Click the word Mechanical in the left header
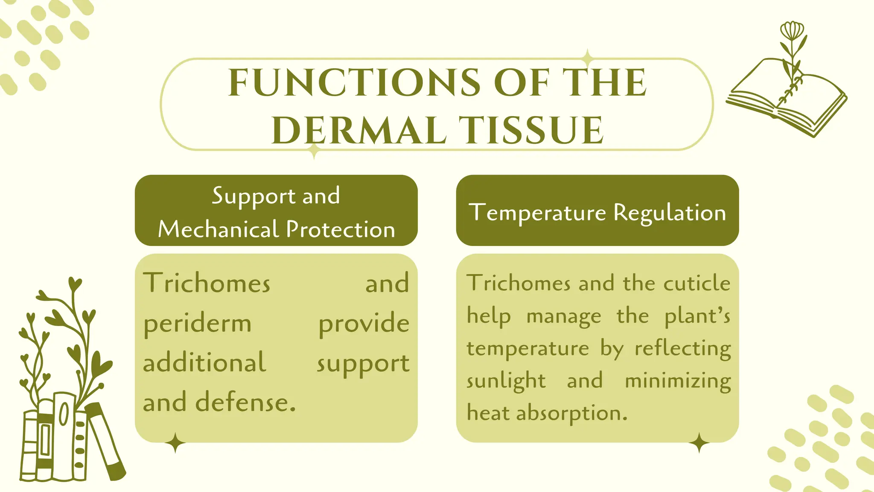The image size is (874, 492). (x=218, y=229)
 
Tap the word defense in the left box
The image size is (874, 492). (x=245, y=403)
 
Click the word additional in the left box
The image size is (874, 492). (x=204, y=363)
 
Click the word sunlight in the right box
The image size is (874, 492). (x=506, y=381)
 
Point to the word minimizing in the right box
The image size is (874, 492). (x=678, y=381)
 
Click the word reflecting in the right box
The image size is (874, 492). (x=682, y=348)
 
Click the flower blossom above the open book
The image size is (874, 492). (x=792, y=31)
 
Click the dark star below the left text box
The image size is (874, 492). (x=175, y=443)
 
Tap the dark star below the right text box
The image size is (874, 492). (x=699, y=443)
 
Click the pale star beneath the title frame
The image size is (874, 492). (x=314, y=150)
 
